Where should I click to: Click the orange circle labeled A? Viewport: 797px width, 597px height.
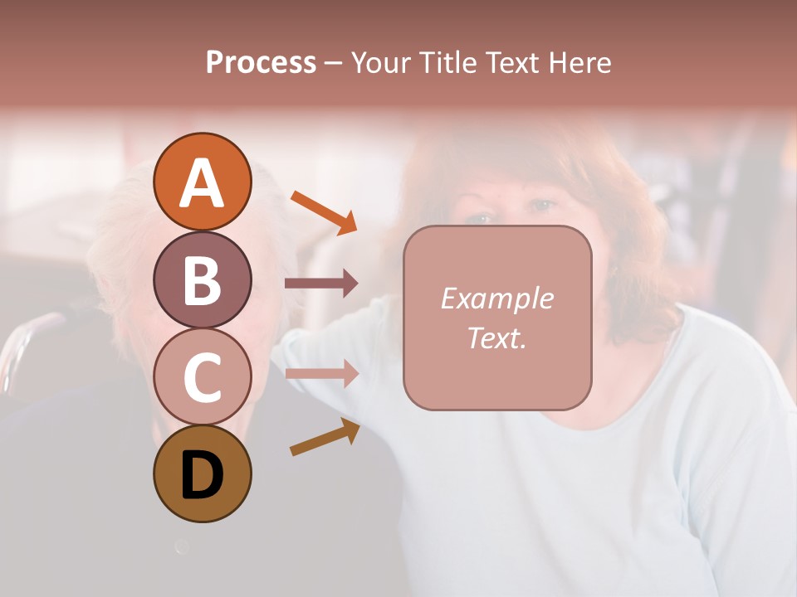click(x=202, y=182)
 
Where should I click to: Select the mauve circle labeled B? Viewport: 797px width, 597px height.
click(x=202, y=279)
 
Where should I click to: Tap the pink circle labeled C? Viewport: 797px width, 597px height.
click(x=202, y=376)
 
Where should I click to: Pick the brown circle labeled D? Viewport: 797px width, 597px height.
click(x=202, y=473)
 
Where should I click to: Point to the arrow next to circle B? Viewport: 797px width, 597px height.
click(x=321, y=284)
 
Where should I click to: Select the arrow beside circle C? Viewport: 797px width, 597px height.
click(x=321, y=374)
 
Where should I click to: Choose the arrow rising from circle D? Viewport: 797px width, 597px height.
click(x=325, y=437)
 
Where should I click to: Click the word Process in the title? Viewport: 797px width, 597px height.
click(x=261, y=62)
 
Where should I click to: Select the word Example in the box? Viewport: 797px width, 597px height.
click(x=496, y=298)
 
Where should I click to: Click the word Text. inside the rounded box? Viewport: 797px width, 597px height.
click(x=496, y=337)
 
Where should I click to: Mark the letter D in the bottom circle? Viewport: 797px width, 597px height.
click(x=202, y=475)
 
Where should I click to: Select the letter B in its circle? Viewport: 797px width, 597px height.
click(x=202, y=280)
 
